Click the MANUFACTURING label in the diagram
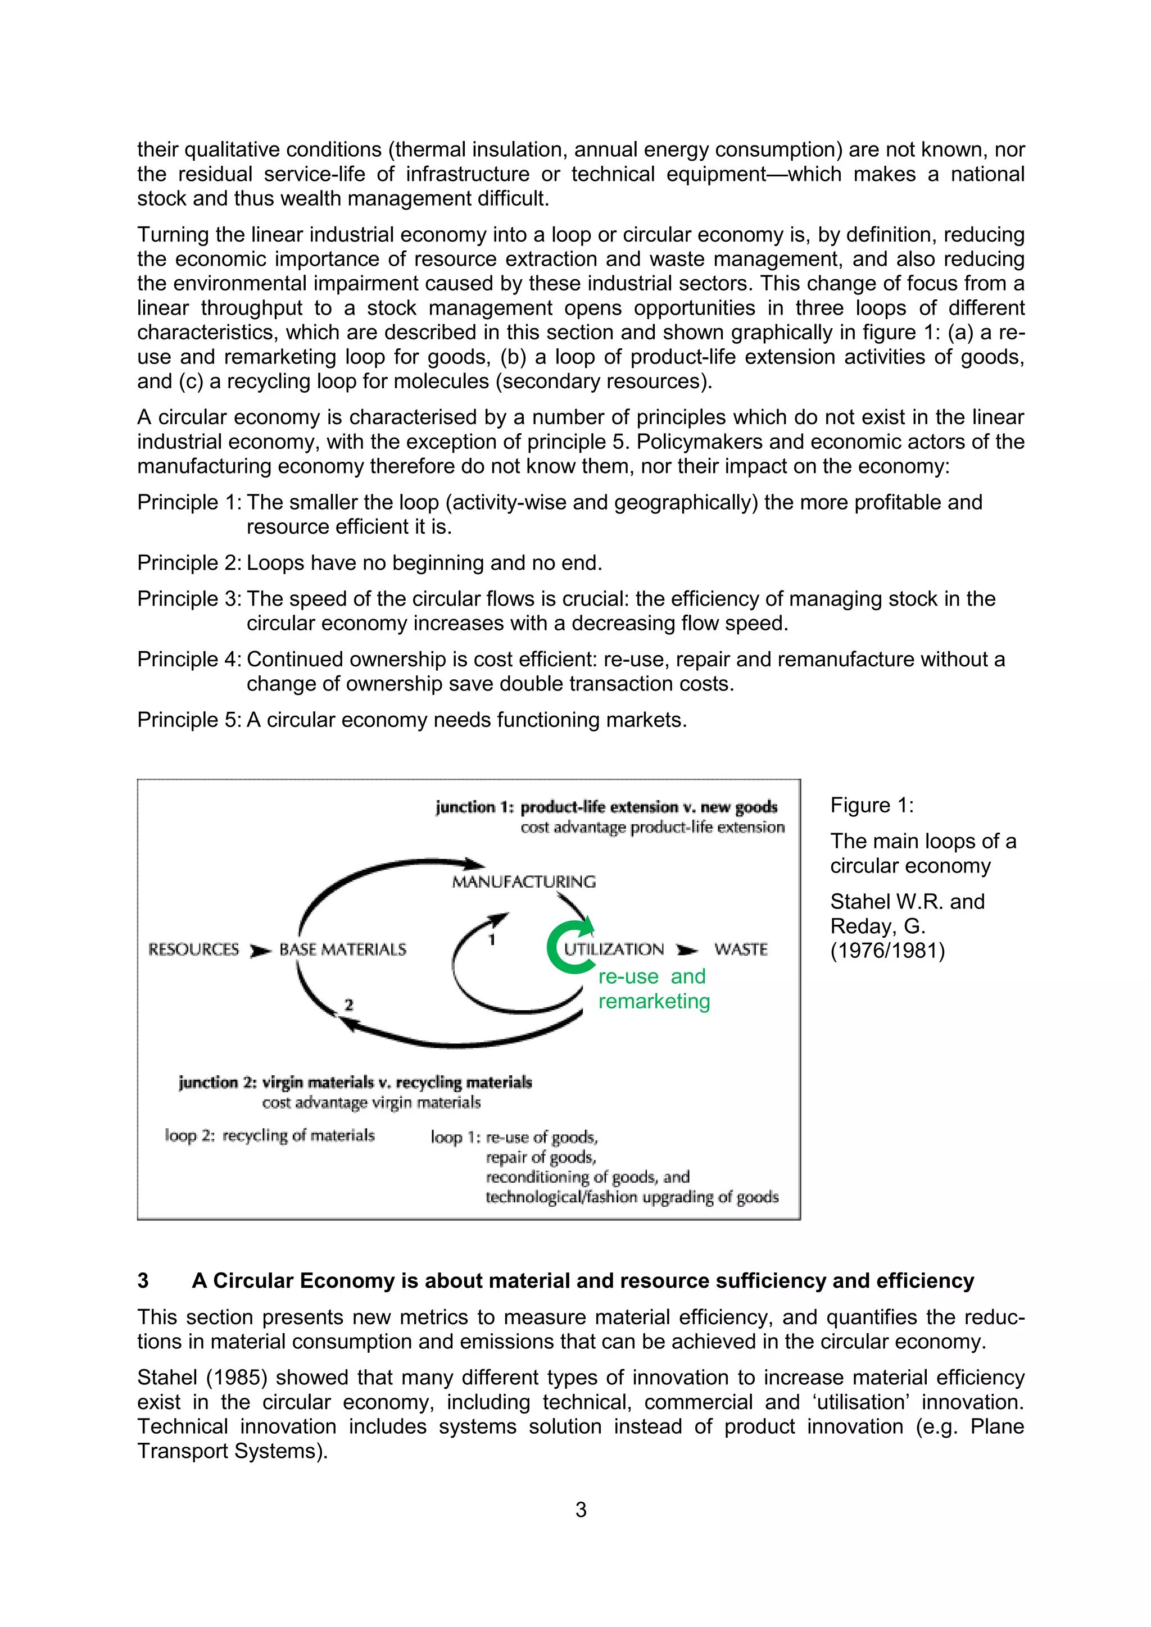pyautogui.click(x=524, y=881)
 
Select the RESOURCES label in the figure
pyautogui.click(x=193, y=949)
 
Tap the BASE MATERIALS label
pyautogui.click(x=343, y=949)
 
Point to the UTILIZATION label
pyautogui.click(x=614, y=949)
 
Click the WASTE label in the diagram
pyautogui.click(x=741, y=949)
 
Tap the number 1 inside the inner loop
pyautogui.click(x=492, y=940)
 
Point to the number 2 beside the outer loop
pyautogui.click(x=348, y=1005)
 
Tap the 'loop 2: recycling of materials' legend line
pyautogui.click(x=269, y=1135)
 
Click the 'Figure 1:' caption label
pyautogui.click(x=872, y=805)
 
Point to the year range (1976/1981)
pyautogui.click(x=887, y=950)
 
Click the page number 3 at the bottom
pyautogui.click(x=581, y=1510)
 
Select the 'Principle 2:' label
pyautogui.click(x=189, y=562)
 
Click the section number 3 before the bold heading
pyautogui.click(x=143, y=1280)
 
